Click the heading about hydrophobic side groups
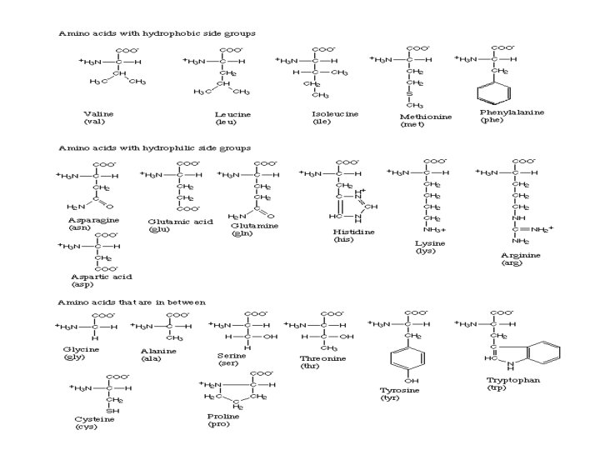click(156, 33)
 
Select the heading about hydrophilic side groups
click(154, 147)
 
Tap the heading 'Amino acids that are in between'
click(132, 302)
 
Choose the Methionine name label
click(426, 117)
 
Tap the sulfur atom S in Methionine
click(409, 94)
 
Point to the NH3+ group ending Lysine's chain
click(434, 229)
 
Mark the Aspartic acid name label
click(101, 276)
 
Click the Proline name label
click(222, 415)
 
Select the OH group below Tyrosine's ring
click(411, 379)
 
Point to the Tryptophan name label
click(509, 380)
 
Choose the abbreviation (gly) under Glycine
click(74, 357)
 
